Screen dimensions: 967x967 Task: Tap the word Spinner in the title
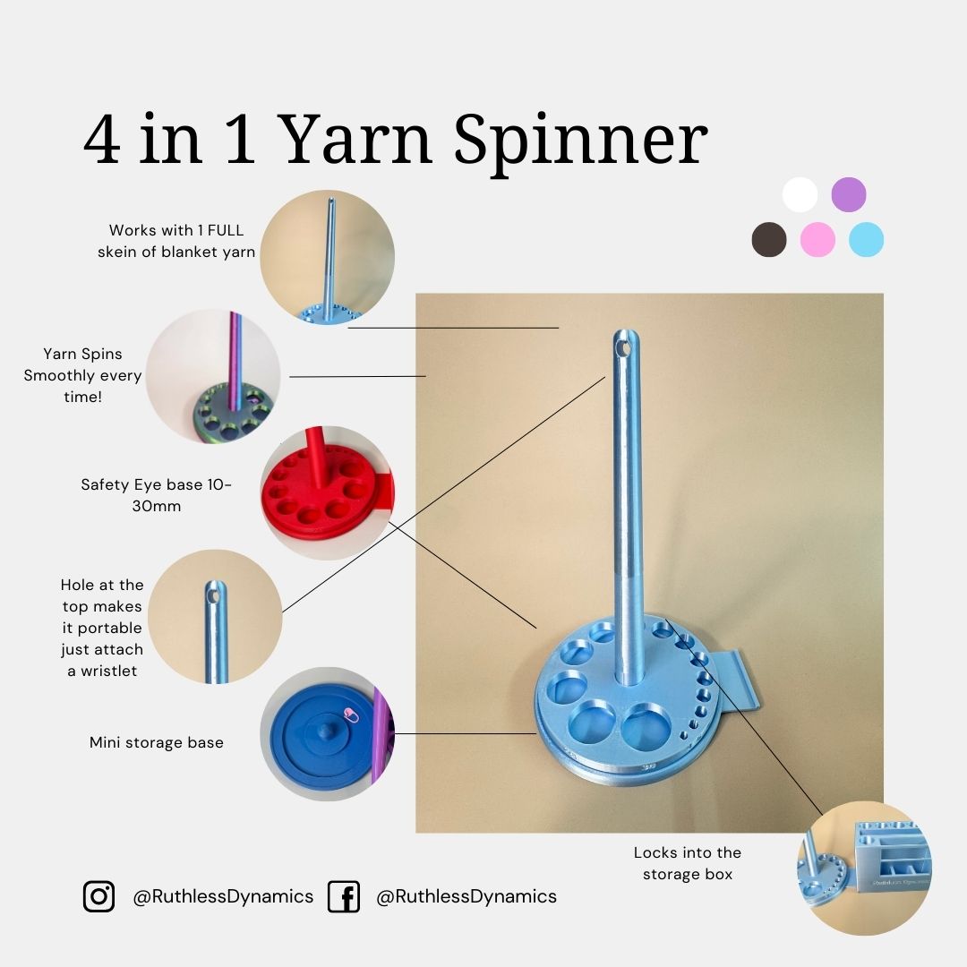coord(581,143)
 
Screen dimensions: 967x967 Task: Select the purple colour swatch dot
coord(849,194)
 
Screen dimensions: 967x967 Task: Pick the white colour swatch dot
coord(800,194)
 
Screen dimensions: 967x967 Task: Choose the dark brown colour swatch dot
coord(769,239)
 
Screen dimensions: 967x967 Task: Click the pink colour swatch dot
coord(817,239)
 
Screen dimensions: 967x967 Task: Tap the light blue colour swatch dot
coord(867,239)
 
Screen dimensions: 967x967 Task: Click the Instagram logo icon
coord(98,896)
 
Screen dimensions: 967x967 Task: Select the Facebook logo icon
coord(344,896)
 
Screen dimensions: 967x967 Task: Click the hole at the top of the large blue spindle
coord(625,347)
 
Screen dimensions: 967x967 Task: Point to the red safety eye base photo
coord(327,492)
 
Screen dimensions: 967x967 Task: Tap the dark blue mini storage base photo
coord(327,734)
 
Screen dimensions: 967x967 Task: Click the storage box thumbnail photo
coord(865,868)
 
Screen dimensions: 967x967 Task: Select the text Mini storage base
coord(157,742)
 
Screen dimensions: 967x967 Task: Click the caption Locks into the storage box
coord(688,863)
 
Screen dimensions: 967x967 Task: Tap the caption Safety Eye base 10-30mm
coord(157,495)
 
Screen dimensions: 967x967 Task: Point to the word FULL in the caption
coord(226,230)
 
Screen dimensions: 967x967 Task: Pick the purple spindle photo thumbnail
coord(213,376)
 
